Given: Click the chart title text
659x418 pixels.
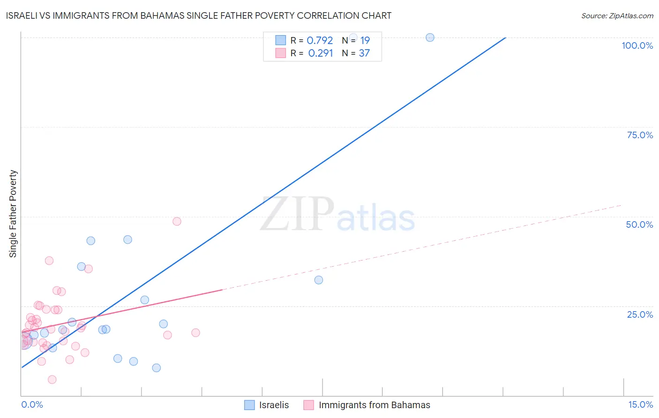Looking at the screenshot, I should pos(198,15).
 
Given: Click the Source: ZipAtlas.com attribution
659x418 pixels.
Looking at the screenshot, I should pos(617,16).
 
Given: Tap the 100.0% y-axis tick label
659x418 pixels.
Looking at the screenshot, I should pos(637,45).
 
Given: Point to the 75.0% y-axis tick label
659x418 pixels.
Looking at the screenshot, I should pos(640,135).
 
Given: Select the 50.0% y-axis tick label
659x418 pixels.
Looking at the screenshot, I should pos(639,224).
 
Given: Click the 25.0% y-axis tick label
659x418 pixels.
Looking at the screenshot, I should pos(640,314).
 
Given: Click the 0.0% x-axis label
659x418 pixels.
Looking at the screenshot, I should pos(32,405).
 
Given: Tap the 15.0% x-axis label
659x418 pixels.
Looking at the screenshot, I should pos(640,405).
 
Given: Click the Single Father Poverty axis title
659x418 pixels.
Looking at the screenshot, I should pos(13,214).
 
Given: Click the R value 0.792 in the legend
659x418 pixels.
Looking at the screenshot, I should pos(320,41).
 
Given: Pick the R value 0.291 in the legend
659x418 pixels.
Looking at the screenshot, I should pos(321,53).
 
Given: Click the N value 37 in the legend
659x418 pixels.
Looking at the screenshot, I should pos(364,53).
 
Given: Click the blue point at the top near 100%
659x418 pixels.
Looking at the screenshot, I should pos(430,37).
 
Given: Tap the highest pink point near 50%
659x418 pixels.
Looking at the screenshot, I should pos(177,221).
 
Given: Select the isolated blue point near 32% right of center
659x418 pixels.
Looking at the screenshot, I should pos(319,280).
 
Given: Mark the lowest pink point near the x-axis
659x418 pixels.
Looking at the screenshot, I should pos(52,380).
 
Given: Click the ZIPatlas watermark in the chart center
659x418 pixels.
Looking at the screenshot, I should pos(337,215).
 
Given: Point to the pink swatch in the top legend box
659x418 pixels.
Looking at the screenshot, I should pos(281,53).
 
